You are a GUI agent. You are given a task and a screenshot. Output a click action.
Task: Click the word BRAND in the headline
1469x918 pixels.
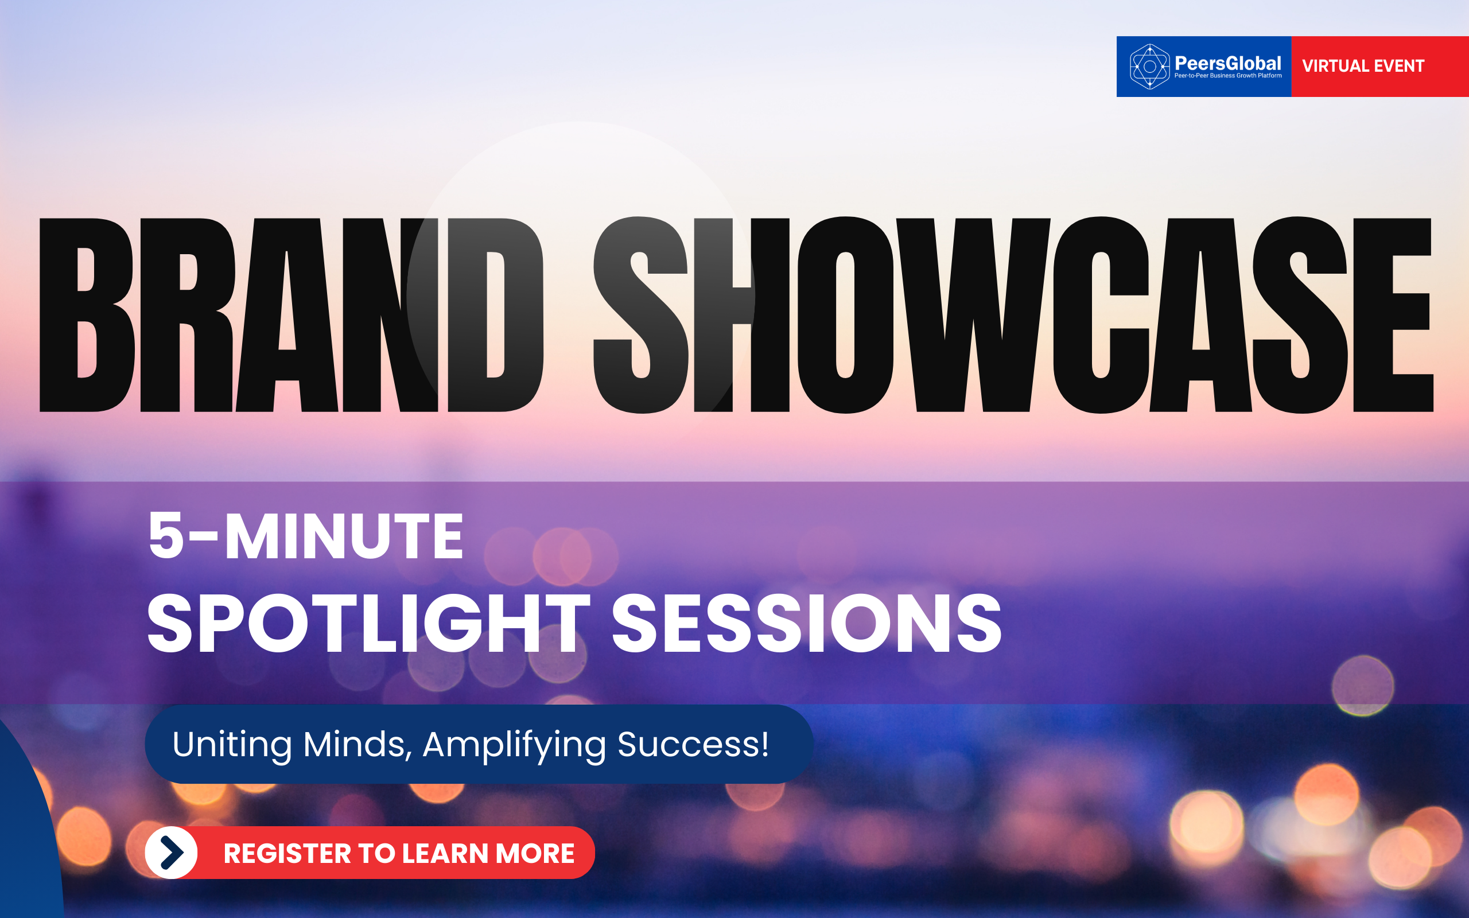[292, 315]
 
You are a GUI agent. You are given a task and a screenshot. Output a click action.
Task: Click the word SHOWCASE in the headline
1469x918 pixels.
[1014, 315]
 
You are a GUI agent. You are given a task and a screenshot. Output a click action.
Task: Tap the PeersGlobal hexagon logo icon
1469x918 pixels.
[1149, 67]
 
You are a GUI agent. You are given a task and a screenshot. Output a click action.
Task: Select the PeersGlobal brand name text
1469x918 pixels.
[1227, 63]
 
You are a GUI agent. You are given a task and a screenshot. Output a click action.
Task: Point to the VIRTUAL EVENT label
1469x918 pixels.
[1363, 65]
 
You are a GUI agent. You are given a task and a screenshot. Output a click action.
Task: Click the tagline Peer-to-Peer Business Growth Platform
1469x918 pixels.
[1228, 76]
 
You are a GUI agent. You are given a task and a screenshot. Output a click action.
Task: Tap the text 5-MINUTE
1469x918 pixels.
[306, 535]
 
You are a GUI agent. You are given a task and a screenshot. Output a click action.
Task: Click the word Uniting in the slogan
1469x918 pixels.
[232, 745]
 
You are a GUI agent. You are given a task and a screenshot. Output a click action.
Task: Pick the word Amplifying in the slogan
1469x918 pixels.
[514, 745]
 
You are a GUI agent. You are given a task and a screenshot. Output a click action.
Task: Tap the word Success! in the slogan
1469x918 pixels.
[693, 744]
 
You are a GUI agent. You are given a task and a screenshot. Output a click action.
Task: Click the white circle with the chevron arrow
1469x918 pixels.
[171, 853]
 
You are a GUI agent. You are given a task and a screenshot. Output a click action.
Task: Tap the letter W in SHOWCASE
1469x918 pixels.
[973, 315]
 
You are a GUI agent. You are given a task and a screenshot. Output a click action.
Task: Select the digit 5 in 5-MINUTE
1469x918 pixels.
[166, 535]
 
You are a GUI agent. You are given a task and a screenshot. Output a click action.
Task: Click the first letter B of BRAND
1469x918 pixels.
[87, 315]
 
